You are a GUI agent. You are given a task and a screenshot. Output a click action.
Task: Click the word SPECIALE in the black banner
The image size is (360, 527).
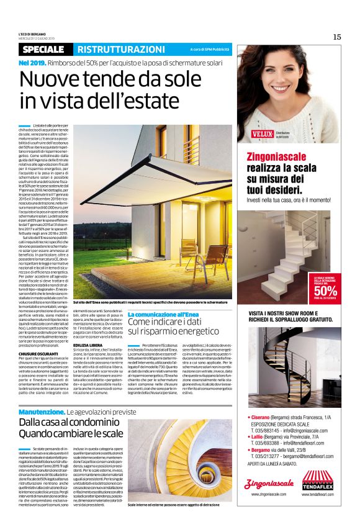[x=45, y=49]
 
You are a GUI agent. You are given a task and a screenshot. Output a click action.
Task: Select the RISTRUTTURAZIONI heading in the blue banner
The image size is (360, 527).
[x=116, y=49]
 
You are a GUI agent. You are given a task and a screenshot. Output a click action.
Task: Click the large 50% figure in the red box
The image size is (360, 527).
[x=325, y=291]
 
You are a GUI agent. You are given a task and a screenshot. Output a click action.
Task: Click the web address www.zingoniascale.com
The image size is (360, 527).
[x=268, y=495]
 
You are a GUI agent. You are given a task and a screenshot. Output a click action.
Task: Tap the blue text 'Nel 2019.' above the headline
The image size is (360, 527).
[x=32, y=63]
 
